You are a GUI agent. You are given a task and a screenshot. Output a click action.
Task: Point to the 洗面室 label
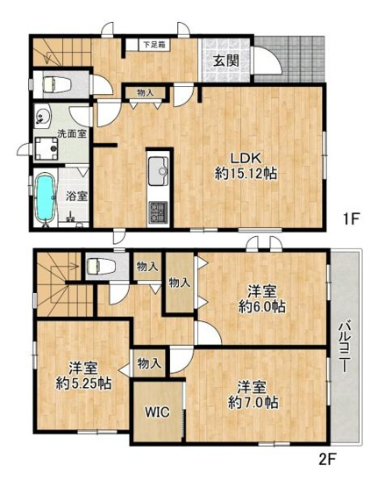pos(72,133)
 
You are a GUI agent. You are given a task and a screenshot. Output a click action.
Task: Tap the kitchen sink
pos(157,171)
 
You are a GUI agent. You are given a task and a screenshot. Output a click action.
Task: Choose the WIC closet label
pos(157,412)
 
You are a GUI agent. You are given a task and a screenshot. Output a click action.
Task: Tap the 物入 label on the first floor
pos(145,93)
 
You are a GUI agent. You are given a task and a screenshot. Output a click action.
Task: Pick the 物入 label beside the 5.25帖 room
pos(149,362)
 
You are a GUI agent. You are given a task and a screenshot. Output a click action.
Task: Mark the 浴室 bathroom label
pos(76,196)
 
